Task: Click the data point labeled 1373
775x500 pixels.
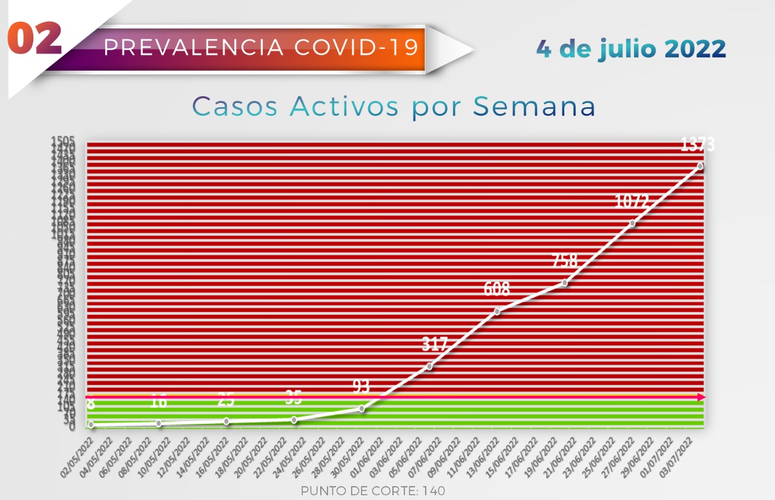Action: pos(700,166)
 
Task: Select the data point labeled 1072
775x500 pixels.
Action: pos(633,223)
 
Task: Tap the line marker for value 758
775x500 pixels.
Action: pos(565,283)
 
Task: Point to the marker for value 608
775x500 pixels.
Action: pos(497,311)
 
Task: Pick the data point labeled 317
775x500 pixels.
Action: pos(429,366)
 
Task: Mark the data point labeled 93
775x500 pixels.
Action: pos(362,409)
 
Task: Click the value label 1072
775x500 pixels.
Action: pos(632,202)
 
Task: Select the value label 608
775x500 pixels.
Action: pos(496,289)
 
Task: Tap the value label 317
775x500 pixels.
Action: pos(435,344)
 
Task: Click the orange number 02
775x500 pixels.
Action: pos(35,39)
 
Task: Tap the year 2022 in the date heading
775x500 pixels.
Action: pos(695,48)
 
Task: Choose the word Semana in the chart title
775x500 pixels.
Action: pos(535,107)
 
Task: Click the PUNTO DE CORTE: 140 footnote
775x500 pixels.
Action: pos(373,491)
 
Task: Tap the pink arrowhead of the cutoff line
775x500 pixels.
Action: pos(701,397)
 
